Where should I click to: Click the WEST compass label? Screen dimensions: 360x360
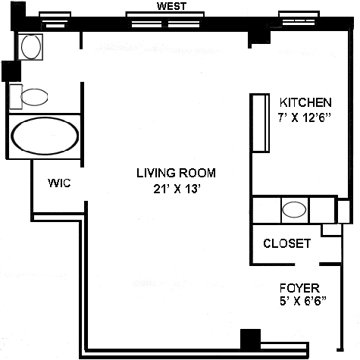coord(171,6)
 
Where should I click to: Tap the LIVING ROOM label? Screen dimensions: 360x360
coord(176,173)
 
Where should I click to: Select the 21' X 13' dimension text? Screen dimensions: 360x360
coord(177,189)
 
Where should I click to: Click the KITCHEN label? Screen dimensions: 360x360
coord(305,102)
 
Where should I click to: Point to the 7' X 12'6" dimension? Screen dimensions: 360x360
coord(305,117)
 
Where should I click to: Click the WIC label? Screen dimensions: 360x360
coord(59,183)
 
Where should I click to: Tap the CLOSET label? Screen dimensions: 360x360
coord(287,243)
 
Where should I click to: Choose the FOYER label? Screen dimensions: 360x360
coord(299,288)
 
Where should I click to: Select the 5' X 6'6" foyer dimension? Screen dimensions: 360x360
coord(303,301)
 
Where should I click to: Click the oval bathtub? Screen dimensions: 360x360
coord(45,136)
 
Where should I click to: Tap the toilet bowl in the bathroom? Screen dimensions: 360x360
coord(34,97)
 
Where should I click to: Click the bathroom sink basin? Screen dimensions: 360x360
coord(31,47)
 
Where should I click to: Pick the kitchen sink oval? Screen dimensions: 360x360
coord(294,209)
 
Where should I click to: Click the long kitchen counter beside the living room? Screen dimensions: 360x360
coord(260,123)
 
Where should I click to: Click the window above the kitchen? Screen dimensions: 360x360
coord(299,18)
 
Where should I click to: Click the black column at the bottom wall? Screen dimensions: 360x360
coord(250,339)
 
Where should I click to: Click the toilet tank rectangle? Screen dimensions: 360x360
coord(16,97)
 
